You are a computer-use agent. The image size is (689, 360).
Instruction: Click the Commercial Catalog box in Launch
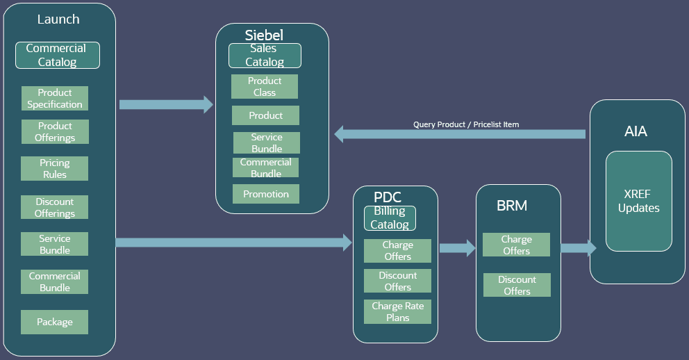click(58, 56)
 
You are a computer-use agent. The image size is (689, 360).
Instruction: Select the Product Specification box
click(55, 99)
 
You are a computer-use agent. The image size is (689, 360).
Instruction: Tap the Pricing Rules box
click(55, 169)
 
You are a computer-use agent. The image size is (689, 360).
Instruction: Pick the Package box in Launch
click(55, 322)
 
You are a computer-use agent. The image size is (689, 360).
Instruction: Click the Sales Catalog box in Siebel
click(265, 56)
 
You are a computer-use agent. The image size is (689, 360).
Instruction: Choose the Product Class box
click(265, 87)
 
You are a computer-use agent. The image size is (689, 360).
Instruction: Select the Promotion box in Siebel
click(266, 194)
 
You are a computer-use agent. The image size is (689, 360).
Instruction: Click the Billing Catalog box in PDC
click(390, 218)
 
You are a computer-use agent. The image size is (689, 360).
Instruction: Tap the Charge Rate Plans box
click(398, 312)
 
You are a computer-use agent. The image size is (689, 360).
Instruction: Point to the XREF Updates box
click(639, 201)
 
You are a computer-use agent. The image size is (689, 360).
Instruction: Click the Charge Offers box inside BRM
click(517, 245)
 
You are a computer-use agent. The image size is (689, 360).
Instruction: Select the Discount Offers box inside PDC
click(398, 281)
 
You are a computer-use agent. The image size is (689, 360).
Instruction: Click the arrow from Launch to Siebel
click(166, 105)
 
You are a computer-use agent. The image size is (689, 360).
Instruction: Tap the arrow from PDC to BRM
click(457, 247)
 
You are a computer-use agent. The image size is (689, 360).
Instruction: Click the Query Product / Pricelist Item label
click(466, 124)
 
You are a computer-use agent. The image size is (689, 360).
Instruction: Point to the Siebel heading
click(264, 35)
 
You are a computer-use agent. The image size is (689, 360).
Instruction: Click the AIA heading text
click(636, 131)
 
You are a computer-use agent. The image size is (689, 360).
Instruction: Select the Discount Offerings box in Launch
click(55, 207)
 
